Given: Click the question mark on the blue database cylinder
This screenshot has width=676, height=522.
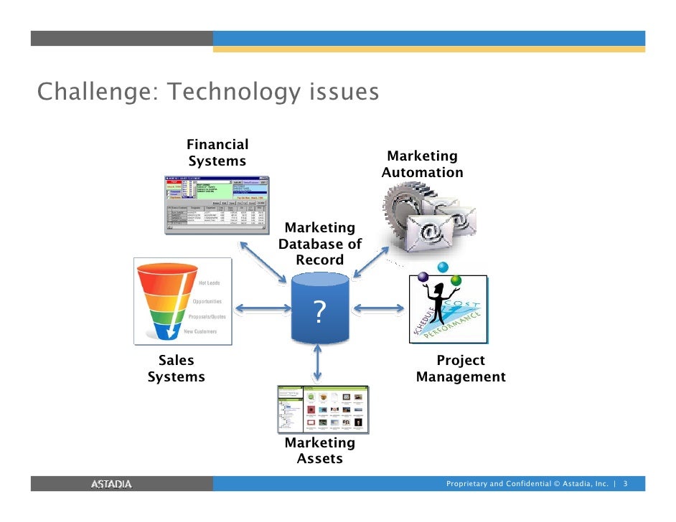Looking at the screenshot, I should point(320,312).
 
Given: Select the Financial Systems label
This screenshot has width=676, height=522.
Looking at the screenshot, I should point(217,153).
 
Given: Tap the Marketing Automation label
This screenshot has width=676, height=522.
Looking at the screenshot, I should point(422,164).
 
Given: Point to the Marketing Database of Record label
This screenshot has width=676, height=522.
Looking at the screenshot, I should point(320,244).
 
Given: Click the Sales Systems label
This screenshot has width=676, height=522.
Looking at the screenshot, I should point(176,369).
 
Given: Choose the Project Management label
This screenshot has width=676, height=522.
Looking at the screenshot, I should point(461,369).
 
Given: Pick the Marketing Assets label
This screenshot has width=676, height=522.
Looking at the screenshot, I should point(320,451).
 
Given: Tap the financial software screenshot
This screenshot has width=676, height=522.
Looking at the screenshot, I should point(217,204).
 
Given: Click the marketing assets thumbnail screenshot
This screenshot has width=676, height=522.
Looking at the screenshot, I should point(323,409).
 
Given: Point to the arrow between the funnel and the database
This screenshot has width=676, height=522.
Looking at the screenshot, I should point(263,309).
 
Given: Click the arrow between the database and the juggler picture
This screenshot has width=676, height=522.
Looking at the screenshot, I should point(379,309).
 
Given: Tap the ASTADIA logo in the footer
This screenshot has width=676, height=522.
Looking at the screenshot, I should point(111,484).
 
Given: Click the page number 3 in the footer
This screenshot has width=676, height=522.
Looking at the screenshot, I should point(626,484).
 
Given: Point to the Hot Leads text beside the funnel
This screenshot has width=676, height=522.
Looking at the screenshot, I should point(209,283).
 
